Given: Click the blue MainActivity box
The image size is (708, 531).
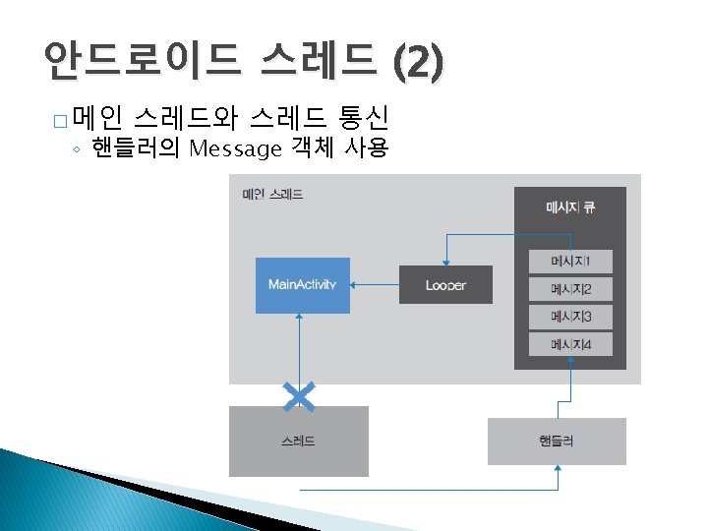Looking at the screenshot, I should [302, 285].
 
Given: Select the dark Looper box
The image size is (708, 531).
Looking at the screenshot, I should [445, 285].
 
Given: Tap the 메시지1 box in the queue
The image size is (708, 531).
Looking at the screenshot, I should [569, 261].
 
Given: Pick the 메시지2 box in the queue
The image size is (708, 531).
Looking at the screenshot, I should [569, 289].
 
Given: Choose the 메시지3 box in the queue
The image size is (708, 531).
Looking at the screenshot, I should [569, 317].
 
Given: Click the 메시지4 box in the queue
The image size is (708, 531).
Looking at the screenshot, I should [569, 344].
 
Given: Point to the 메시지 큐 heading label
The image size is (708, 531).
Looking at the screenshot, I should [569, 207].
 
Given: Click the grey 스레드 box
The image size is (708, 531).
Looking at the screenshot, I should [299, 442].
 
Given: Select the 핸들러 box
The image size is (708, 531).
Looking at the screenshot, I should [557, 442].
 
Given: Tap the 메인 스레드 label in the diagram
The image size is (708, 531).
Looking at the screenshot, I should [272, 194].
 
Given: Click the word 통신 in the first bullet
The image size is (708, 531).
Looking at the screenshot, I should [364, 120].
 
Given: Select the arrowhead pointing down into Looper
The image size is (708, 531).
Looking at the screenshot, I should [445, 262].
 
